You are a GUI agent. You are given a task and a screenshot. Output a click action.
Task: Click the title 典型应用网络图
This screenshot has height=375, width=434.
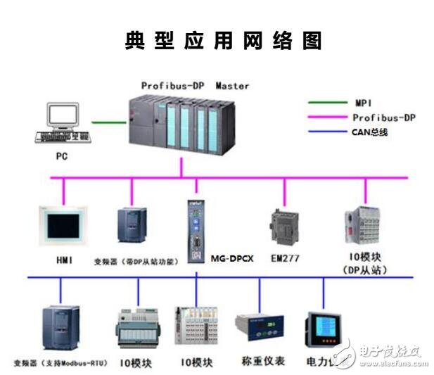(223, 40)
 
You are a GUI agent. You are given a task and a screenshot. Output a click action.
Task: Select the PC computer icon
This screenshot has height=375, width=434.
(65, 123)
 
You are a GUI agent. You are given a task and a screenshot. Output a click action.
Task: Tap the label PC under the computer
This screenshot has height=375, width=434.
(62, 155)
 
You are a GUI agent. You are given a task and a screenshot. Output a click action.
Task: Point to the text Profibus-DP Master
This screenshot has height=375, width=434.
(195, 86)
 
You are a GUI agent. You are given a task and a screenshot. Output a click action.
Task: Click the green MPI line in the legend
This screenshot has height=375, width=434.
(328, 103)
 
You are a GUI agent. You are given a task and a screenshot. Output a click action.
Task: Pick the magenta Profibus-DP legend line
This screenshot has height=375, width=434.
(328, 117)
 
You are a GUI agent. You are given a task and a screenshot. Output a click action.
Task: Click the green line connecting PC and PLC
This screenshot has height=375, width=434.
(110, 122)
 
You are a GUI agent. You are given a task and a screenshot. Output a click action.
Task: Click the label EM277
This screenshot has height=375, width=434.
(285, 258)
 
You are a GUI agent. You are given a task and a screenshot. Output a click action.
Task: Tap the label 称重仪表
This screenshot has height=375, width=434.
(260, 360)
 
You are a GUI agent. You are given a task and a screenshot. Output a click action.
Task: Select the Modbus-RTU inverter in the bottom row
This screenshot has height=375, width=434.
(61, 329)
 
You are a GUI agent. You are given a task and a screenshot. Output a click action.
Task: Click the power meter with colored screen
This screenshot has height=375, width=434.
(321, 329)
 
